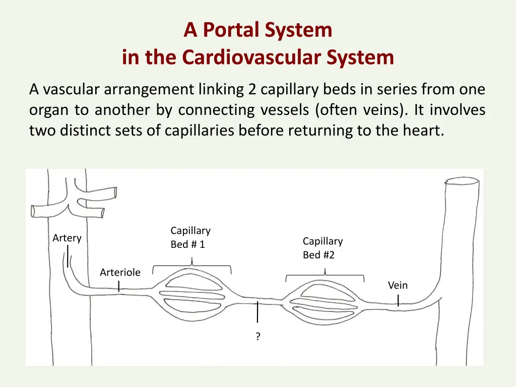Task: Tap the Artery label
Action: (x=67, y=238)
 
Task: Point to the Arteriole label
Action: (x=120, y=273)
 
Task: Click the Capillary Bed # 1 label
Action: (x=190, y=237)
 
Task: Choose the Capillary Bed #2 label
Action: (x=322, y=248)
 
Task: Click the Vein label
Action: (x=398, y=285)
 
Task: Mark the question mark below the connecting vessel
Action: (x=258, y=337)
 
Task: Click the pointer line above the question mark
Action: (x=258, y=312)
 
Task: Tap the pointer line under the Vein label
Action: (x=398, y=301)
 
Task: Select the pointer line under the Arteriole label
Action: (x=118, y=286)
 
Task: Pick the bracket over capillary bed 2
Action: (x=325, y=276)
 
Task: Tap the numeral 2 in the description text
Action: (x=252, y=90)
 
